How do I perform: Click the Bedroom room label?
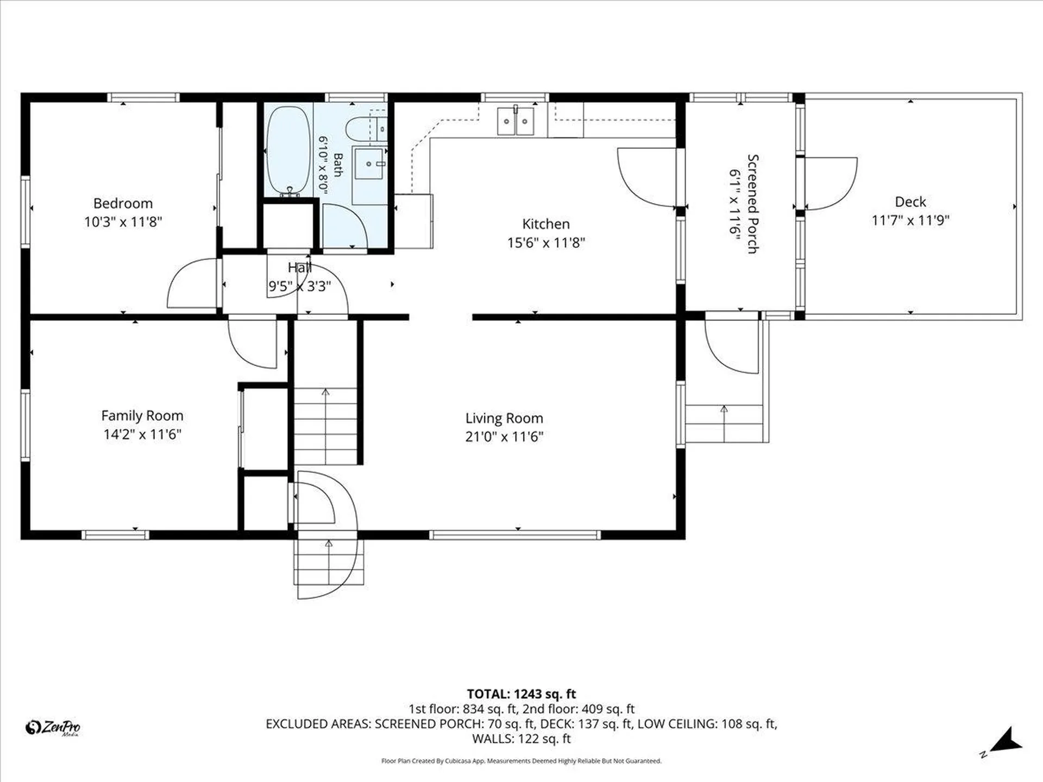tap(123, 204)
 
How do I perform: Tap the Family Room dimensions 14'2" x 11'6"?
tap(142, 434)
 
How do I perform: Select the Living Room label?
tap(504, 418)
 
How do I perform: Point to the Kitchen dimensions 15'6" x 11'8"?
tap(546, 242)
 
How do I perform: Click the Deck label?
tap(910, 202)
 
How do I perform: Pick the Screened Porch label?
tap(753, 204)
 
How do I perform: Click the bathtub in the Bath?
tap(288, 150)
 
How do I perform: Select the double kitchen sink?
tap(516, 121)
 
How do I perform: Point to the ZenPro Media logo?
tap(53, 727)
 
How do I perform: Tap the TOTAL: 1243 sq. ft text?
tap(521, 694)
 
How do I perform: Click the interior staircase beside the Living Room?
tap(325, 426)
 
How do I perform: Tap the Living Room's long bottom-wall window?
tap(515, 535)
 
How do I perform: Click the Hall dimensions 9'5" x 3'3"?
tap(299, 286)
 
